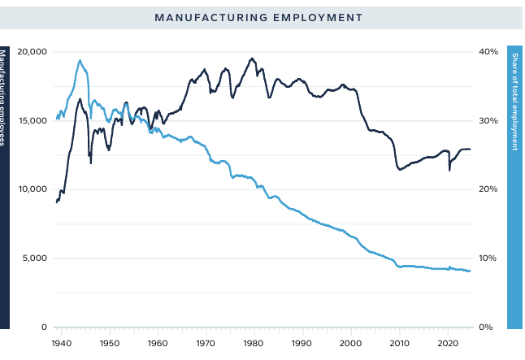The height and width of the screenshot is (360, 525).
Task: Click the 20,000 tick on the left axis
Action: coord(33,52)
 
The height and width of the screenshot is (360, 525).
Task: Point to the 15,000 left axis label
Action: coord(33,121)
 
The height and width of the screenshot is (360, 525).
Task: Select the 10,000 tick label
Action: coord(33,189)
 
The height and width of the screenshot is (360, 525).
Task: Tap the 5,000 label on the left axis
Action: coord(35,258)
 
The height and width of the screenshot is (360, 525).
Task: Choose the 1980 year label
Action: coord(254,343)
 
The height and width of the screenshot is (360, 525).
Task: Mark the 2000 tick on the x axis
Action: coord(351,343)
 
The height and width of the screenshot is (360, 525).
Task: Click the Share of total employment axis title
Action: coord(515,102)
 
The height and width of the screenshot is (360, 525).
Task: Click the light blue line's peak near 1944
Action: coord(80,60)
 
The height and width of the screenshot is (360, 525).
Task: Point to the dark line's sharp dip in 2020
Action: coord(449,170)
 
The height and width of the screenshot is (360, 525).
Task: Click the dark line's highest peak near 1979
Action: coord(252,59)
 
